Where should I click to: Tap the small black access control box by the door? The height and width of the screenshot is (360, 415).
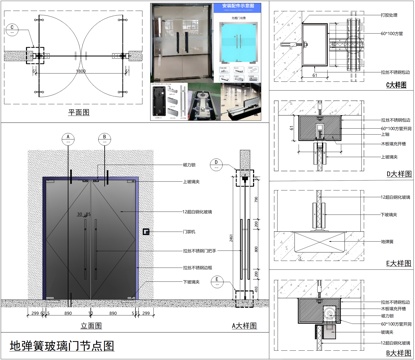click(x=147, y=232)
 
